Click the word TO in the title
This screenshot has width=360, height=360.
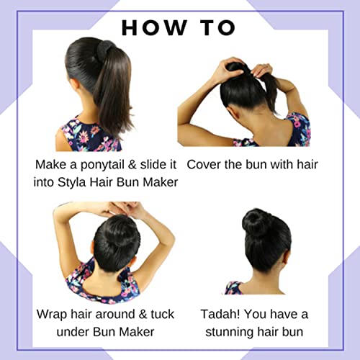click(x=215, y=28)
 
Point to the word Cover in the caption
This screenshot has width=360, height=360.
click(x=204, y=164)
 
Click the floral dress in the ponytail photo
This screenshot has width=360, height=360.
click(x=83, y=135)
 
